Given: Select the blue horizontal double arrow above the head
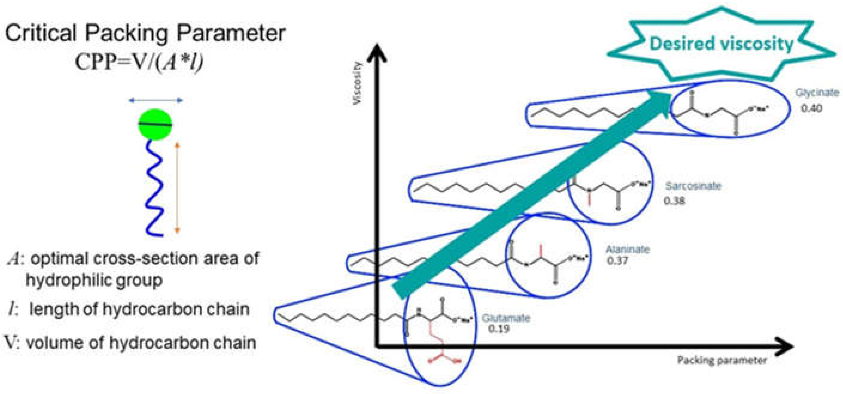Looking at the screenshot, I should pyautogui.click(x=156, y=101).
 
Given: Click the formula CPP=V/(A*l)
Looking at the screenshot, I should pyautogui.click(x=139, y=61).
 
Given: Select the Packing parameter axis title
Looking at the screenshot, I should pyautogui.click(x=722, y=360).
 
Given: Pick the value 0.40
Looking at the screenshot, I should pyautogui.click(x=811, y=108).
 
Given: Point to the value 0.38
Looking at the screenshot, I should pyautogui.click(x=674, y=200).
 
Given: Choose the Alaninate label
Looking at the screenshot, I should pyautogui.click(x=627, y=250).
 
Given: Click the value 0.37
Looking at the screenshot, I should pyautogui.click(x=618, y=261).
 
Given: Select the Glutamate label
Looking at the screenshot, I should pyautogui.click(x=506, y=318).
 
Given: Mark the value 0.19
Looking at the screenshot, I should pyautogui.click(x=499, y=328).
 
